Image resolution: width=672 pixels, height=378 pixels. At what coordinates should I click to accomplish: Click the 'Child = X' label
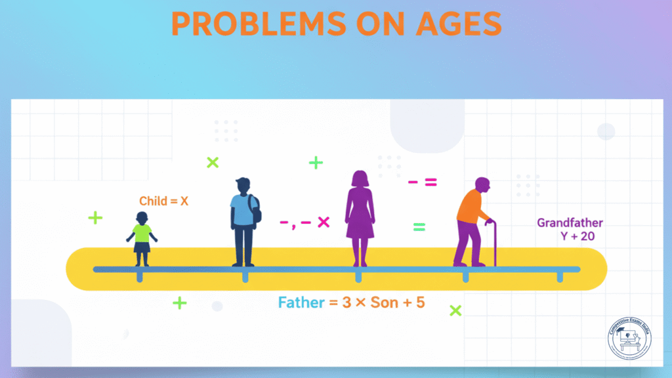(163, 201)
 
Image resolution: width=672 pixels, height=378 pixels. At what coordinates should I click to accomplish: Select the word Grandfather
(570, 222)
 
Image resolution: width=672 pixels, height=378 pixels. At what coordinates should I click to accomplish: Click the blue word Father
(301, 303)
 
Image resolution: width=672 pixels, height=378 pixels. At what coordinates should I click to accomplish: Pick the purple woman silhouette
(360, 217)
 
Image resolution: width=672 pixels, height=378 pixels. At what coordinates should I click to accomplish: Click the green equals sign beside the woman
(419, 228)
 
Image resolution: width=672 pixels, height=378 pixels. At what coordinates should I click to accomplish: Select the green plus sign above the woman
(316, 163)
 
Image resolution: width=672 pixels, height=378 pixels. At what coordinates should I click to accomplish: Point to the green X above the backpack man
(212, 162)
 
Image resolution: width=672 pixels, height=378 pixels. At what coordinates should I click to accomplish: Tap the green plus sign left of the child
(95, 218)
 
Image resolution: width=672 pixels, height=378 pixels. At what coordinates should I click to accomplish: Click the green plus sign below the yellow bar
(179, 303)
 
